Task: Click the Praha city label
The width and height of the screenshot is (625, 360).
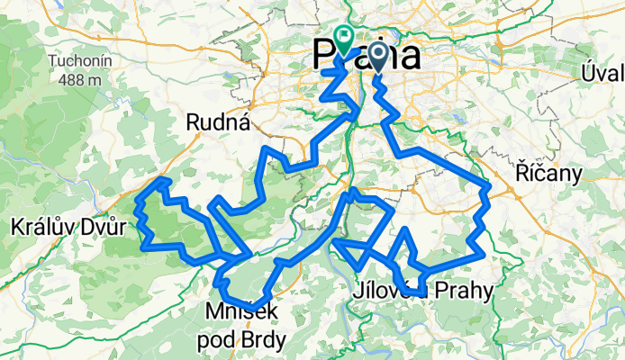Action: pos(367,56)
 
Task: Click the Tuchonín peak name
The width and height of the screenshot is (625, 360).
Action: pos(76,63)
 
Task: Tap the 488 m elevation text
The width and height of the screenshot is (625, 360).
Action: pos(76,80)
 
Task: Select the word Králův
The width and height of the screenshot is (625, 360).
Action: pos(40,226)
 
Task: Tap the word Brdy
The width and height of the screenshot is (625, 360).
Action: pos(265,339)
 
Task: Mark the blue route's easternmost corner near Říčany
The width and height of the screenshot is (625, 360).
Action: pos(487,187)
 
